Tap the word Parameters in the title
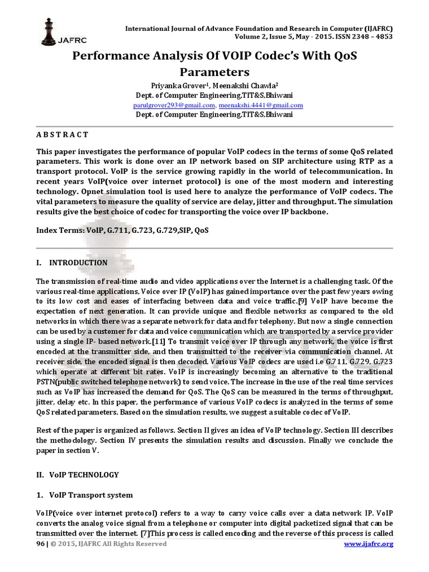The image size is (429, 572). pos(214,72)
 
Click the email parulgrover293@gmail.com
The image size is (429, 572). pos(174,105)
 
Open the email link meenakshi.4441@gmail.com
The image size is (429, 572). pos(261,105)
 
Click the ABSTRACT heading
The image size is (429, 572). pos(62,135)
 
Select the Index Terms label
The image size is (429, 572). pos(59,230)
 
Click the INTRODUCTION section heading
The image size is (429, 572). pos(78,263)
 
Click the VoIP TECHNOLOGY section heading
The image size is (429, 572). pos(84,475)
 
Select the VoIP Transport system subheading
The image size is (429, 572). pos(90,495)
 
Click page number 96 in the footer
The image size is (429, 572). pos(40,544)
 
